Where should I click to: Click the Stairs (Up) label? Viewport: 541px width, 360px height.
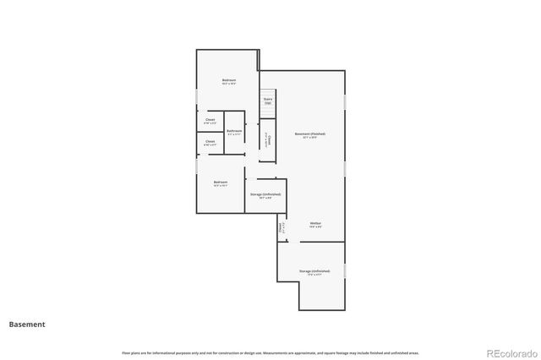click(268, 101)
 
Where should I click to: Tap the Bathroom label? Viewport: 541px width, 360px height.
click(234, 132)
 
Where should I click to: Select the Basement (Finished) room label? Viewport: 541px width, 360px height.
click(309, 134)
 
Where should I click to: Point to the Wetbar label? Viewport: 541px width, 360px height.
click(314, 223)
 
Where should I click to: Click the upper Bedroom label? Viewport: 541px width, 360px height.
click(229, 81)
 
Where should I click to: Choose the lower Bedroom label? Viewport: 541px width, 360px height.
click(220, 183)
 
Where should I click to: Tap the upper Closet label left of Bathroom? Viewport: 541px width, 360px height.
click(210, 120)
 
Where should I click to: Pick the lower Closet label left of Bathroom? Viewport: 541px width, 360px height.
click(210, 142)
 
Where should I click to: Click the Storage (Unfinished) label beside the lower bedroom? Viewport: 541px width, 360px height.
click(265, 195)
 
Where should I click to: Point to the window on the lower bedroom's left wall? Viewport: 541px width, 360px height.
click(197, 167)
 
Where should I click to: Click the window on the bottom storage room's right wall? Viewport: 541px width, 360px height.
click(345, 270)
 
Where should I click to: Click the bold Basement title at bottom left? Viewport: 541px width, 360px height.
click(27, 325)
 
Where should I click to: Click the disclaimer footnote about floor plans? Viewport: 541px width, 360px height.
click(270, 352)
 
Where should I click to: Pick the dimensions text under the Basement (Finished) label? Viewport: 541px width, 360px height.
click(309, 139)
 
